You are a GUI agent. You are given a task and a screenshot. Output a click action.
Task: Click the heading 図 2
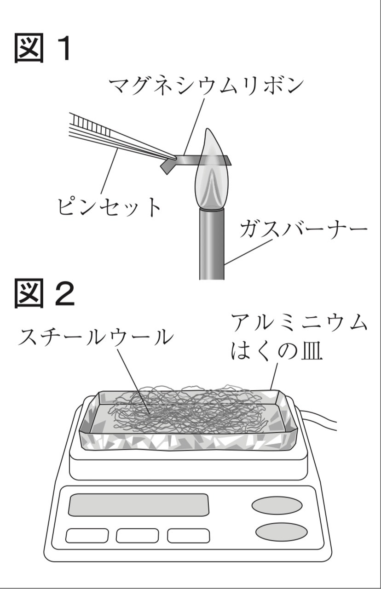pyautogui.click(x=44, y=295)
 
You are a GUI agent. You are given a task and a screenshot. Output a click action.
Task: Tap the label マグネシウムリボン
pyautogui.click(x=206, y=86)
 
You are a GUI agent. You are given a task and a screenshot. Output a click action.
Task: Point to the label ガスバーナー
pyautogui.click(x=303, y=229)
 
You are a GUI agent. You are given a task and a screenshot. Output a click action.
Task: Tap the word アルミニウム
pyautogui.click(x=299, y=324)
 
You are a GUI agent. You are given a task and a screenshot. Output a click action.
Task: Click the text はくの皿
pyautogui.click(x=277, y=353)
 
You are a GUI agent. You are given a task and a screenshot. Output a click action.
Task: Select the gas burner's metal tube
pyautogui.click(x=212, y=244)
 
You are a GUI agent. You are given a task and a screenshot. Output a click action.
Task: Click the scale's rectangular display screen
pyautogui.click(x=138, y=504)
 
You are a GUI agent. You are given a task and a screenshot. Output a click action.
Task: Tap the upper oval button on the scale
pyautogui.click(x=277, y=505)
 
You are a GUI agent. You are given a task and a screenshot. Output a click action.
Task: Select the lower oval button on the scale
pyautogui.click(x=281, y=532)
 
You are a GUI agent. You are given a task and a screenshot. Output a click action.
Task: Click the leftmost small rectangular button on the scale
pyautogui.click(x=87, y=535)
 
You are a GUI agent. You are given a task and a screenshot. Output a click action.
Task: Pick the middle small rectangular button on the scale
pyautogui.click(x=137, y=535)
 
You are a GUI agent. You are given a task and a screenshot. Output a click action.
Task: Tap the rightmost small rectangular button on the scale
pyautogui.click(x=188, y=535)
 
